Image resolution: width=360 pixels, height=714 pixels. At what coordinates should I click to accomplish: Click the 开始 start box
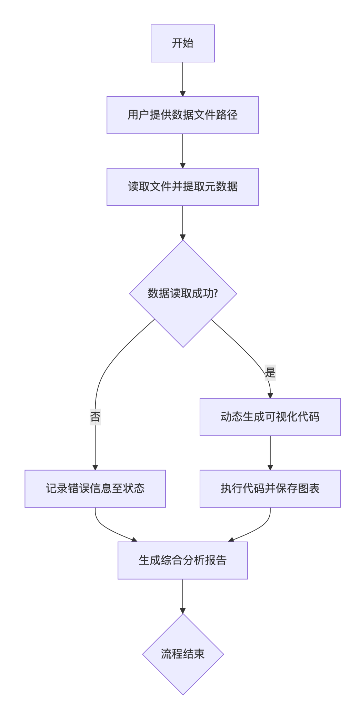pos(182,43)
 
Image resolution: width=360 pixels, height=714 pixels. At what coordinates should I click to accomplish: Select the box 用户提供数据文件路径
pos(182,115)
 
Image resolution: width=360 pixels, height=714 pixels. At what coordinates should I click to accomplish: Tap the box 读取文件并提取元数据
pos(182,187)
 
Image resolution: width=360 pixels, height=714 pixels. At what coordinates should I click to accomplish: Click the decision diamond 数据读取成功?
pos(183,293)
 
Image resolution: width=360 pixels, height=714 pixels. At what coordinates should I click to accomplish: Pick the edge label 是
pos(270,373)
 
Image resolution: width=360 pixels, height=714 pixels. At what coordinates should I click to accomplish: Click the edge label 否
pos(95,416)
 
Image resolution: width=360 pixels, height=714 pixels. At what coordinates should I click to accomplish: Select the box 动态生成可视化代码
pos(270,417)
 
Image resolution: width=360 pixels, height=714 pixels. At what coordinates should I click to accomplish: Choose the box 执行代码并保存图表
pos(270,489)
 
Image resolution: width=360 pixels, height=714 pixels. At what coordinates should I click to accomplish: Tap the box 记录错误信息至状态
pos(95,489)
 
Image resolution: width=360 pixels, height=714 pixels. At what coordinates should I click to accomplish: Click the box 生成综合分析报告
pos(182,560)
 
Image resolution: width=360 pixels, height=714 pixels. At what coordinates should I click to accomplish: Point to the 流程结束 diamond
pos(183,654)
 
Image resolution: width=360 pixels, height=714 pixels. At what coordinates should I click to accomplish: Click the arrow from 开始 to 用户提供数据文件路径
pos(183,79)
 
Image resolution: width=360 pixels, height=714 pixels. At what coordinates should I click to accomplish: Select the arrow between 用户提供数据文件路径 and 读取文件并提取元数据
pos(183,151)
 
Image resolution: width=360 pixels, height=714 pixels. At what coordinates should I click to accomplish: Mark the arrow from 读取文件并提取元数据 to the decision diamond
pos(183,222)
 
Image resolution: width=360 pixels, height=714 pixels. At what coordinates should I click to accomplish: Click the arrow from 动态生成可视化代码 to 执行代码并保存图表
pos(270,453)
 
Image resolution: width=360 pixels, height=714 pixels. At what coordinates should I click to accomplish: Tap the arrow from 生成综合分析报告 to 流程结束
pos(183,596)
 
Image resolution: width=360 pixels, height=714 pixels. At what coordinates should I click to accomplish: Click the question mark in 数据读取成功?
pos(216,293)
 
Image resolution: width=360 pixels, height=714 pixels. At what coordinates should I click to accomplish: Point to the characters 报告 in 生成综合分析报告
pos(216,560)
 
